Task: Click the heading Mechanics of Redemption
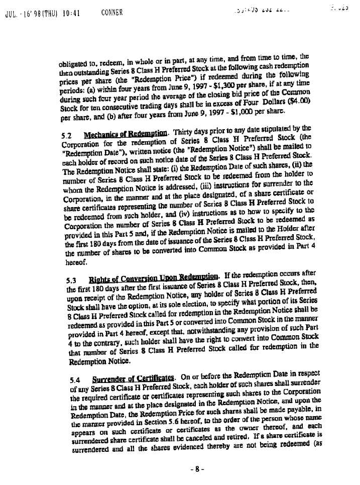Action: (125, 134)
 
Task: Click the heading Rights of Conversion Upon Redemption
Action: (154, 277)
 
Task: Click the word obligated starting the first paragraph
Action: (75, 65)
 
